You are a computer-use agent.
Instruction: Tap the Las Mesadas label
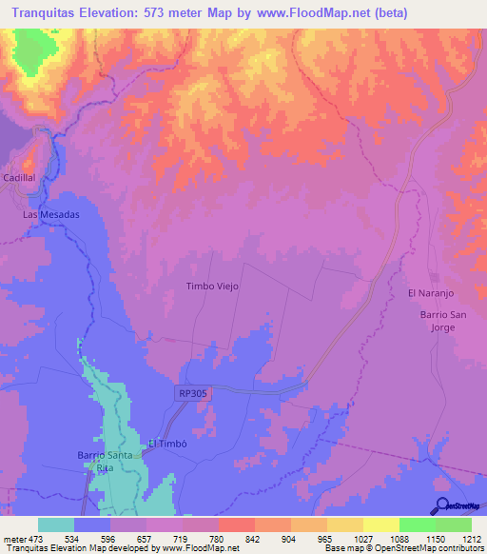click(x=51, y=215)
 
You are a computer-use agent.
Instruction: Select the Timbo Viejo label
click(x=211, y=286)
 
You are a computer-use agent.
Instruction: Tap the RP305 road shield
click(x=192, y=391)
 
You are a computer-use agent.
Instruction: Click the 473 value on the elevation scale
click(x=38, y=539)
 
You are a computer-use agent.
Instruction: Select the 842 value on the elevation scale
click(x=254, y=539)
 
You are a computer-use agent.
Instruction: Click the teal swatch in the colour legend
click(x=56, y=524)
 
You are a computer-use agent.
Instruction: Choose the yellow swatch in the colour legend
click(x=380, y=524)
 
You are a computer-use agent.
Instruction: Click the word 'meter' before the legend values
click(x=15, y=539)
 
